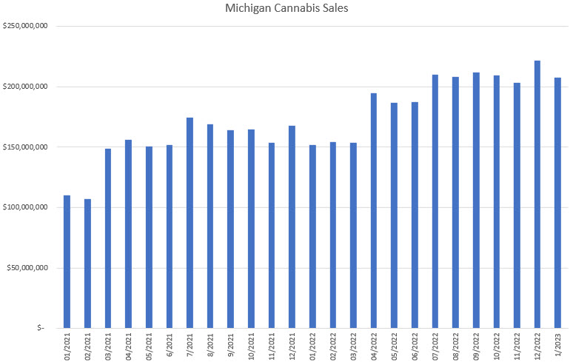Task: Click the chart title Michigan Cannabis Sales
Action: click(286, 10)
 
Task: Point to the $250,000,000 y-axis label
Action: click(27, 27)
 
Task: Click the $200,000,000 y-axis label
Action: click(27, 87)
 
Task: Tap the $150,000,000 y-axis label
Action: click(27, 147)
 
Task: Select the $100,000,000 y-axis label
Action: click(27, 207)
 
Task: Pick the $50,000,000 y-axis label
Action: click(28, 267)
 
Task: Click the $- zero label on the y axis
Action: click(44, 328)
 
